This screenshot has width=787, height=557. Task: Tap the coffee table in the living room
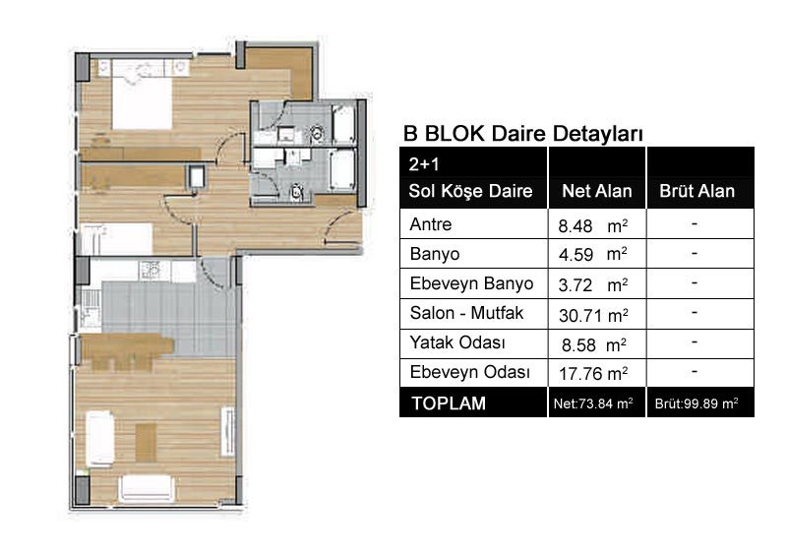146,443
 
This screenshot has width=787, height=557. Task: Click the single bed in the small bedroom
117,238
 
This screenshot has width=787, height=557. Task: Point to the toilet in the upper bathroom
316,133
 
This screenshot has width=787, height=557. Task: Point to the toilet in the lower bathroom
297,191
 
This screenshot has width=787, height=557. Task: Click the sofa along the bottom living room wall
147,489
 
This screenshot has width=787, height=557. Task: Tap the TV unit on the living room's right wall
228,431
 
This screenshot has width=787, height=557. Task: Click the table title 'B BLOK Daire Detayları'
523,134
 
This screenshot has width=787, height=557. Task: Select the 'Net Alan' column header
597,191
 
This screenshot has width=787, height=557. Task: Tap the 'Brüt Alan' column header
696,191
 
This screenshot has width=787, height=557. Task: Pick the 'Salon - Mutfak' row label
466,313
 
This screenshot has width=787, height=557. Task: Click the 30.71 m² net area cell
593,316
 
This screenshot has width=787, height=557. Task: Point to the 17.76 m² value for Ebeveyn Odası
593,374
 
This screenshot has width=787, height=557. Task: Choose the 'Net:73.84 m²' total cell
593,403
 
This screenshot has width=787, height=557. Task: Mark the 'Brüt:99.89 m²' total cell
696,403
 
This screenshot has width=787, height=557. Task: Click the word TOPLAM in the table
449,403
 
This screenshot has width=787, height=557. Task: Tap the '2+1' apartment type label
424,164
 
